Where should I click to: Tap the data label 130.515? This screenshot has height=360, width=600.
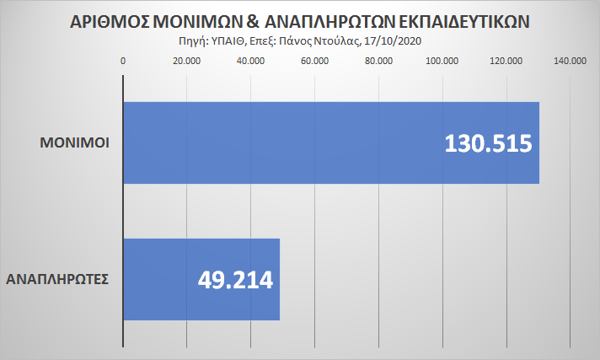click(x=488, y=143)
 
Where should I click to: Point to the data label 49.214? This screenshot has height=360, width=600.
click(x=236, y=279)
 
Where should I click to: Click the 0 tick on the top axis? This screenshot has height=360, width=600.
click(x=124, y=61)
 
